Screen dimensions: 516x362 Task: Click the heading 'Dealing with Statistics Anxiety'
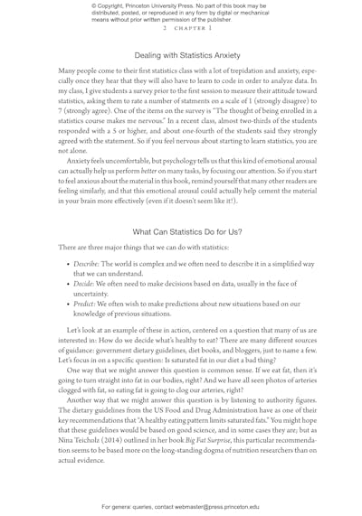coord(181,55)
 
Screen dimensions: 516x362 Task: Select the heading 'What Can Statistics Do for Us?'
coord(181,234)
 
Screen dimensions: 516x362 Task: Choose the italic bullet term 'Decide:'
coord(70,296)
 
